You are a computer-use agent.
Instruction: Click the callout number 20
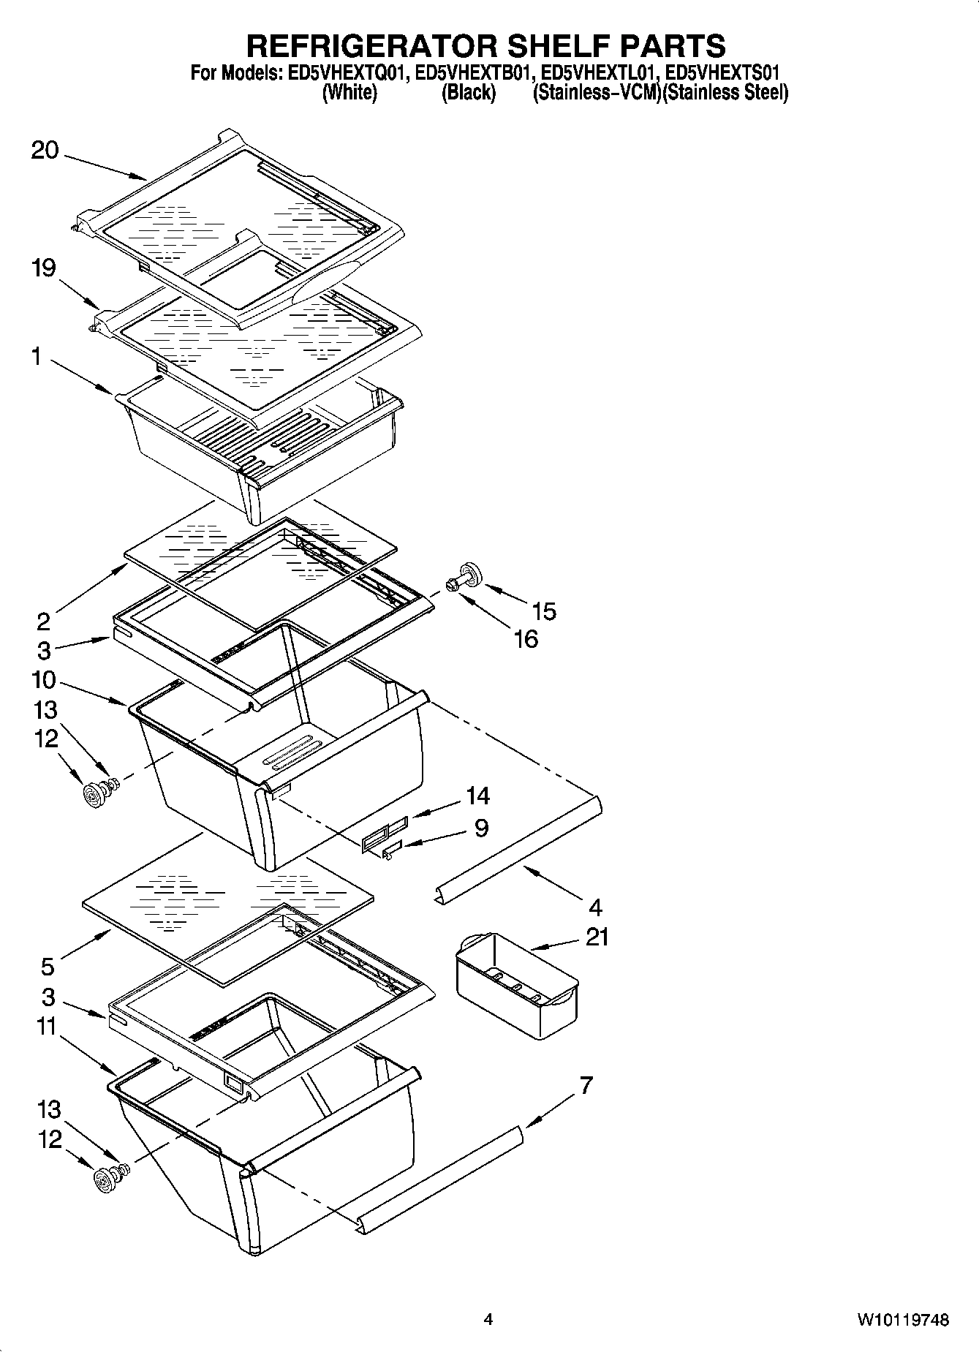45,151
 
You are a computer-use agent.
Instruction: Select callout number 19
44,268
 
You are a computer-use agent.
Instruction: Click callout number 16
526,638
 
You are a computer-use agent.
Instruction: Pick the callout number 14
477,795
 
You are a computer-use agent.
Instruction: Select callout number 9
481,828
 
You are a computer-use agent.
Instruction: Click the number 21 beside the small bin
597,937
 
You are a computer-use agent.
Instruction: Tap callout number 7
586,1086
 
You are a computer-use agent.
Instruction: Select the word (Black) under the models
469,93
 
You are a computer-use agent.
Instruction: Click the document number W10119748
904,1320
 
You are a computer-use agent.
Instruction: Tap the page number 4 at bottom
488,1320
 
